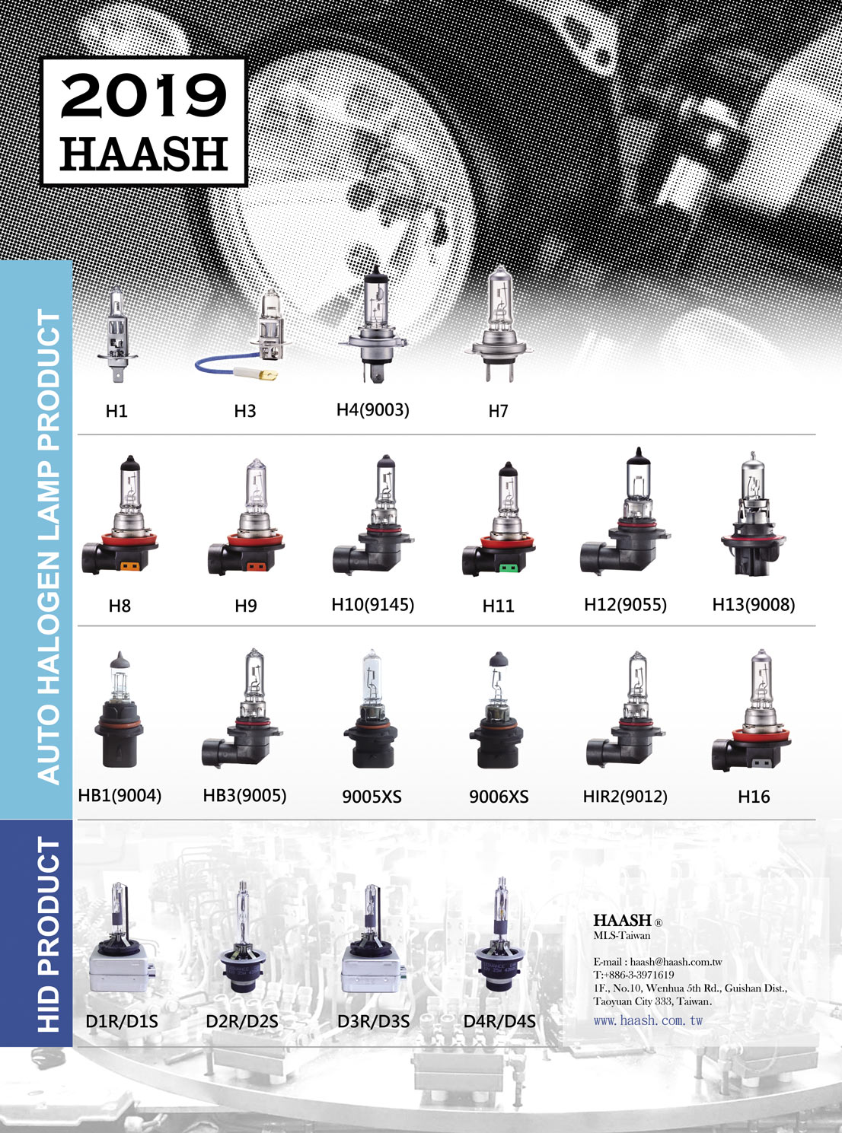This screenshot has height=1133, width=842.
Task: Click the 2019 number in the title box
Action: point(143,95)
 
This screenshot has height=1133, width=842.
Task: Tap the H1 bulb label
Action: point(116,411)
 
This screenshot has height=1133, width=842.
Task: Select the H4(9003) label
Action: point(373,409)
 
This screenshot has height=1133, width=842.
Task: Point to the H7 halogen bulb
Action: point(499,324)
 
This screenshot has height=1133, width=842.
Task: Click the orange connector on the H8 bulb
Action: point(127,566)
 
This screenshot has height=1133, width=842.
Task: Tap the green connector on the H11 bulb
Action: point(509,568)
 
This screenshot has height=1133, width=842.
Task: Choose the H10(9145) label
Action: point(373,605)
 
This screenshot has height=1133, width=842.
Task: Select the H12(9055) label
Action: point(625,605)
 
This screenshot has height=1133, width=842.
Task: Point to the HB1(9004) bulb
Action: point(119,710)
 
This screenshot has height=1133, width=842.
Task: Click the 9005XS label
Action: point(372,797)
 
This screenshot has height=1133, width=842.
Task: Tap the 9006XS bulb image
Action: point(495,710)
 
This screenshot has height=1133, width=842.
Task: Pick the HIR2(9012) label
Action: point(625,796)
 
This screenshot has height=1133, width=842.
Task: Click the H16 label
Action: point(754,797)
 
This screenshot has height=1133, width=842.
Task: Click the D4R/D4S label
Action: point(499,1021)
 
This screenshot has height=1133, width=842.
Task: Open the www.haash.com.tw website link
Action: point(648,1020)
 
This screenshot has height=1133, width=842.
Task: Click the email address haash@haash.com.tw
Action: point(676,962)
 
